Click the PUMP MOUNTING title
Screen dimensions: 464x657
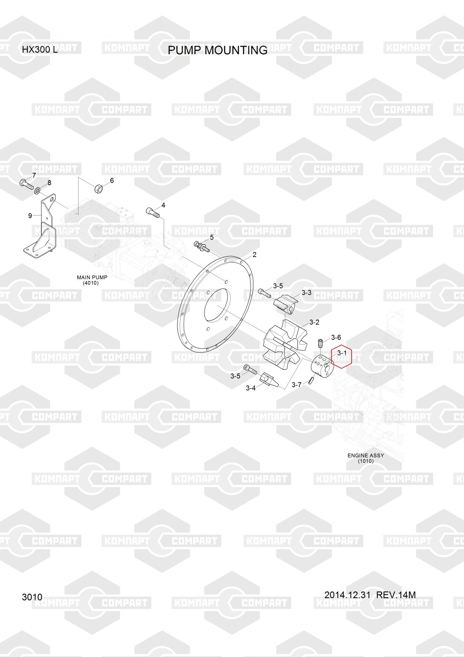pyautogui.click(x=217, y=50)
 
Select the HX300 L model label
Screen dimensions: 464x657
pyautogui.click(x=40, y=50)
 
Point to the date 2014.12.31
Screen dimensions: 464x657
pyautogui.click(x=347, y=595)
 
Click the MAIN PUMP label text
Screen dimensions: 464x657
pyautogui.click(x=92, y=277)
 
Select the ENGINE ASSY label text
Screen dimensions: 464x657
pyautogui.click(x=366, y=455)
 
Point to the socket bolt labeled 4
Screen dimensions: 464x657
pyautogui.click(x=152, y=212)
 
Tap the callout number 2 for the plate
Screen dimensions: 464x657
pyautogui.click(x=254, y=255)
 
